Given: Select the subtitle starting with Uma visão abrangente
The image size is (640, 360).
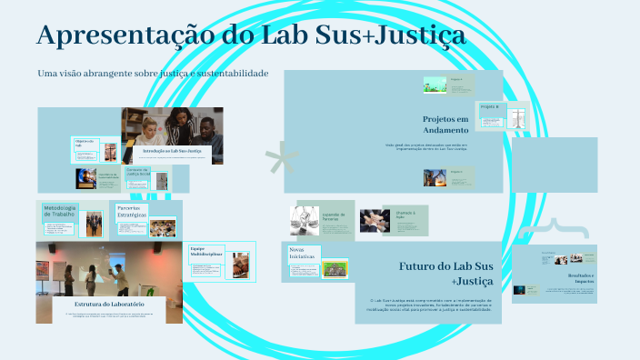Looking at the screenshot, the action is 153,73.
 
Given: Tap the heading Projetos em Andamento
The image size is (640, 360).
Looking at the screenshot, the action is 445,125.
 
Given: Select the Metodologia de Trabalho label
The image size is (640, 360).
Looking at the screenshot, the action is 59,213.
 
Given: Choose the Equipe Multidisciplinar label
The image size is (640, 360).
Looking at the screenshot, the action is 205,252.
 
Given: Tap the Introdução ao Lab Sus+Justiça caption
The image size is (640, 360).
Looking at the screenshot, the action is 172,151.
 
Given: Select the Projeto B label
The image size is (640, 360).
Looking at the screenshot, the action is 489,107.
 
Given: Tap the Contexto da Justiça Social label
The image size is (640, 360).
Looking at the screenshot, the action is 137,172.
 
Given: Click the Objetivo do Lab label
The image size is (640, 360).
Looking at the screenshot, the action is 85,144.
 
